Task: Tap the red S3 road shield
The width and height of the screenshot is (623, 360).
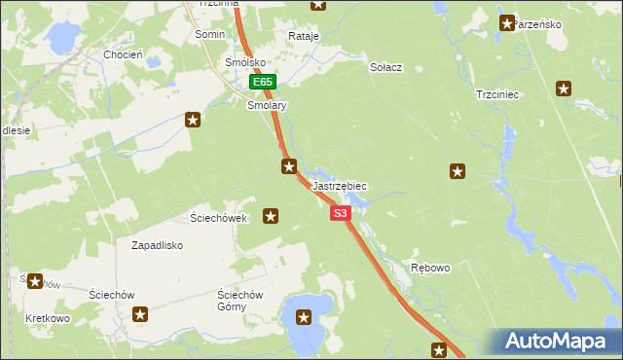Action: coord(340,213)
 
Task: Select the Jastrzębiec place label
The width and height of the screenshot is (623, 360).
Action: coord(340,185)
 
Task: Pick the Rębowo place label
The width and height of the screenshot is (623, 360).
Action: coord(430,268)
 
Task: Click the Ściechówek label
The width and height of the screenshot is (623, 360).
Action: coord(219,218)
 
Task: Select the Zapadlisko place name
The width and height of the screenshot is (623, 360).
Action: coord(158,246)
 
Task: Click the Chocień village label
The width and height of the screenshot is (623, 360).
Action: coord(123,55)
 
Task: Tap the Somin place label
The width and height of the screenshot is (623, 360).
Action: coord(209,34)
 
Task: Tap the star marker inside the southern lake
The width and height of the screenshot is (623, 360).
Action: coord(304,316)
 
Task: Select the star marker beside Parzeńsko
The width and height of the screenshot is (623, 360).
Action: coord(506,22)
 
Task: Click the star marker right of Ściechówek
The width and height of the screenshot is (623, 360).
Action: coord(271,216)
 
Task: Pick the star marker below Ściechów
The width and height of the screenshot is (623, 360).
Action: coord(140,314)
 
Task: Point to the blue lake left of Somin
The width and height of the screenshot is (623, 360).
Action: coord(61,38)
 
